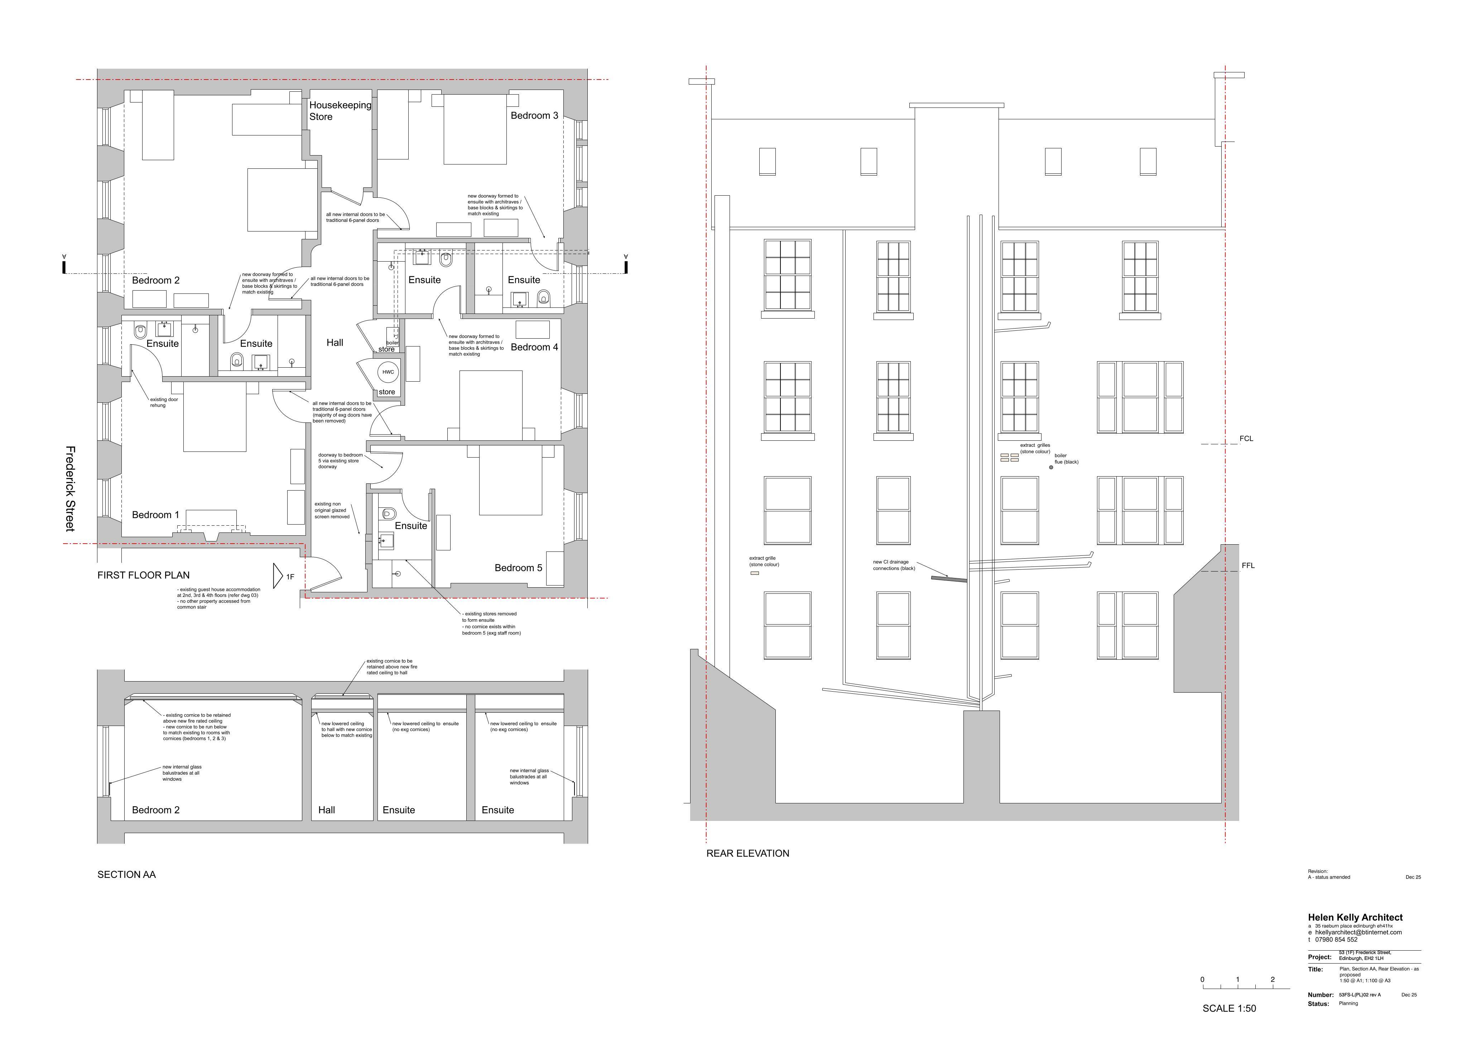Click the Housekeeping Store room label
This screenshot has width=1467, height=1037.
pyautogui.click(x=340, y=111)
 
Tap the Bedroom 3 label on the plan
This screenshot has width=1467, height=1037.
pyautogui.click(x=534, y=116)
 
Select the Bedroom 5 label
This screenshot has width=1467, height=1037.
pyautogui.click(x=518, y=568)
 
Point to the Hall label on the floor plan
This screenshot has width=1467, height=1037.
pyautogui.click(x=335, y=343)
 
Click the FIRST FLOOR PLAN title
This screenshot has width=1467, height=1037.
pyautogui.click(x=143, y=575)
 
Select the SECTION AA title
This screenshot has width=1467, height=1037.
pyautogui.click(x=126, y=875)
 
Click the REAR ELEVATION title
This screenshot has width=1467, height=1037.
pyautogui.click(x=747, y=854)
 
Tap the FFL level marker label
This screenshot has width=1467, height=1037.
pyautogui.click(x=1248, y=566)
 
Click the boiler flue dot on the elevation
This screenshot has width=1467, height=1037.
pyautogui.click(x=1051, y=467)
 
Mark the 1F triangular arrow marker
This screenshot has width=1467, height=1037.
pyautogui.click(x=278, y=576)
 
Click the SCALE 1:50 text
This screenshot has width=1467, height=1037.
pyautogui.click(x=1229, y=1008)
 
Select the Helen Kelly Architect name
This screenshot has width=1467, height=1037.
pyautogui.click(x=1355, y=917)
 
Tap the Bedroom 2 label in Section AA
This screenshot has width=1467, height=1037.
pyautogui.click(x=155, y=810)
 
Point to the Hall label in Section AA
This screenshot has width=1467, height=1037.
pyautogui.click(x=327, y=810)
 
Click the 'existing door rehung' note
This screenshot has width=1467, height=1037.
pyautogui.click(x=164, y=402)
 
